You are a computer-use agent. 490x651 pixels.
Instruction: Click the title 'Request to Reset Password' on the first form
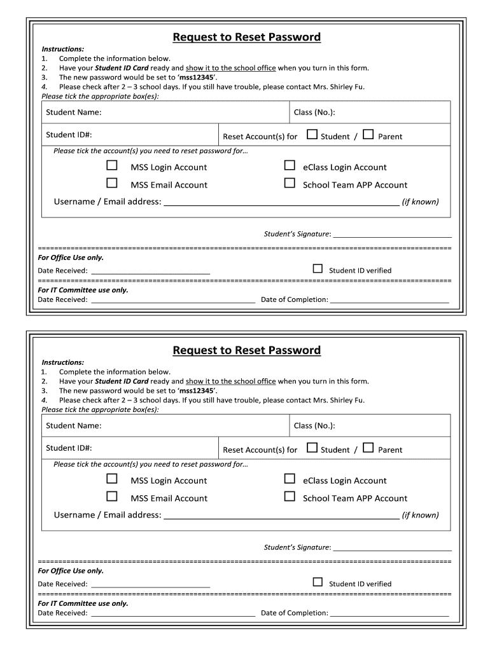click(246, 37)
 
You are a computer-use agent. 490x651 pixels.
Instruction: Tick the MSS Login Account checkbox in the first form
click(112, 166)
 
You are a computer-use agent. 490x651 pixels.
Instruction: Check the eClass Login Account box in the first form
click(290, 166)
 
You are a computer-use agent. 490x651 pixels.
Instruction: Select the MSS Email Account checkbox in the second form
click(112, 497)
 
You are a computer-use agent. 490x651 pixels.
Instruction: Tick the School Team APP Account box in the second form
click(290, 497)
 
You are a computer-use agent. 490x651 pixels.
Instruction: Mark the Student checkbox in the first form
click(312, 135)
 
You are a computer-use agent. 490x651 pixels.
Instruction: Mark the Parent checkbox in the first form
click(368, 135)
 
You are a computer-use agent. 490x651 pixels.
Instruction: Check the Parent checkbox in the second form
click(368, 448)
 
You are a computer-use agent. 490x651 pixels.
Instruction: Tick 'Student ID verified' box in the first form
click(318, 269)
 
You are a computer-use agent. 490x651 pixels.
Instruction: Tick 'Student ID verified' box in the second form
click(318, 582)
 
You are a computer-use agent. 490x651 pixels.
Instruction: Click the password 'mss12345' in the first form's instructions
click(197, 78)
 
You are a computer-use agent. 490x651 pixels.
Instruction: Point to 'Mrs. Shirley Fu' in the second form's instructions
click(339, 401)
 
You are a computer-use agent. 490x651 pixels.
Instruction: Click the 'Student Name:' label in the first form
click(73, 113)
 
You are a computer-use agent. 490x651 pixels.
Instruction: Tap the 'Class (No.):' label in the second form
click(314, 426)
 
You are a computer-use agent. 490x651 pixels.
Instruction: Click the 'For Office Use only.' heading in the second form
click(71, 571)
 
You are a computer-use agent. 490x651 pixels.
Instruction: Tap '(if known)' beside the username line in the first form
click(420, 202)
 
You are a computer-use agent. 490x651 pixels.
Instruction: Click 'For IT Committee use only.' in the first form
click(83, 290)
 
